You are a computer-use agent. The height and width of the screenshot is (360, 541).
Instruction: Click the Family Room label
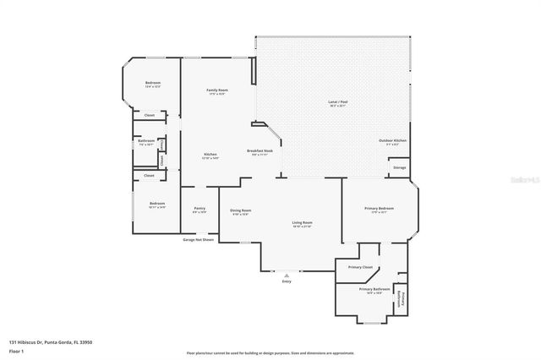coord(218,90)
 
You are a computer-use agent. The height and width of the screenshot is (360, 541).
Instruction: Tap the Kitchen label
coord(210,154)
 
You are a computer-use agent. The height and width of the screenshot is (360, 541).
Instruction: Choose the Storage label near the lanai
coord(399,167)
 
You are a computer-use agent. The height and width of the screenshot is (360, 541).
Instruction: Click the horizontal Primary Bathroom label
coord(374,289)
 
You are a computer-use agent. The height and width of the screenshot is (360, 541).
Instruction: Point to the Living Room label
coord(302,223)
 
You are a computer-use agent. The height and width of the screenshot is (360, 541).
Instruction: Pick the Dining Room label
coord(240,210)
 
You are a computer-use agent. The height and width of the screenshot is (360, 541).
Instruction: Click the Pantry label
coord(199,208)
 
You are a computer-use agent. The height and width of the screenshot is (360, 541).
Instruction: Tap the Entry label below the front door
coord(287,281)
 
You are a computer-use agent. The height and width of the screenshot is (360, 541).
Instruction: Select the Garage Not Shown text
coord(199,239)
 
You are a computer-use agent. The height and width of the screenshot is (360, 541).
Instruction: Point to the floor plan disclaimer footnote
coord(270,352)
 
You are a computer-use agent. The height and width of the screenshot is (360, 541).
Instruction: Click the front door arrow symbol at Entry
coord(287,274)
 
